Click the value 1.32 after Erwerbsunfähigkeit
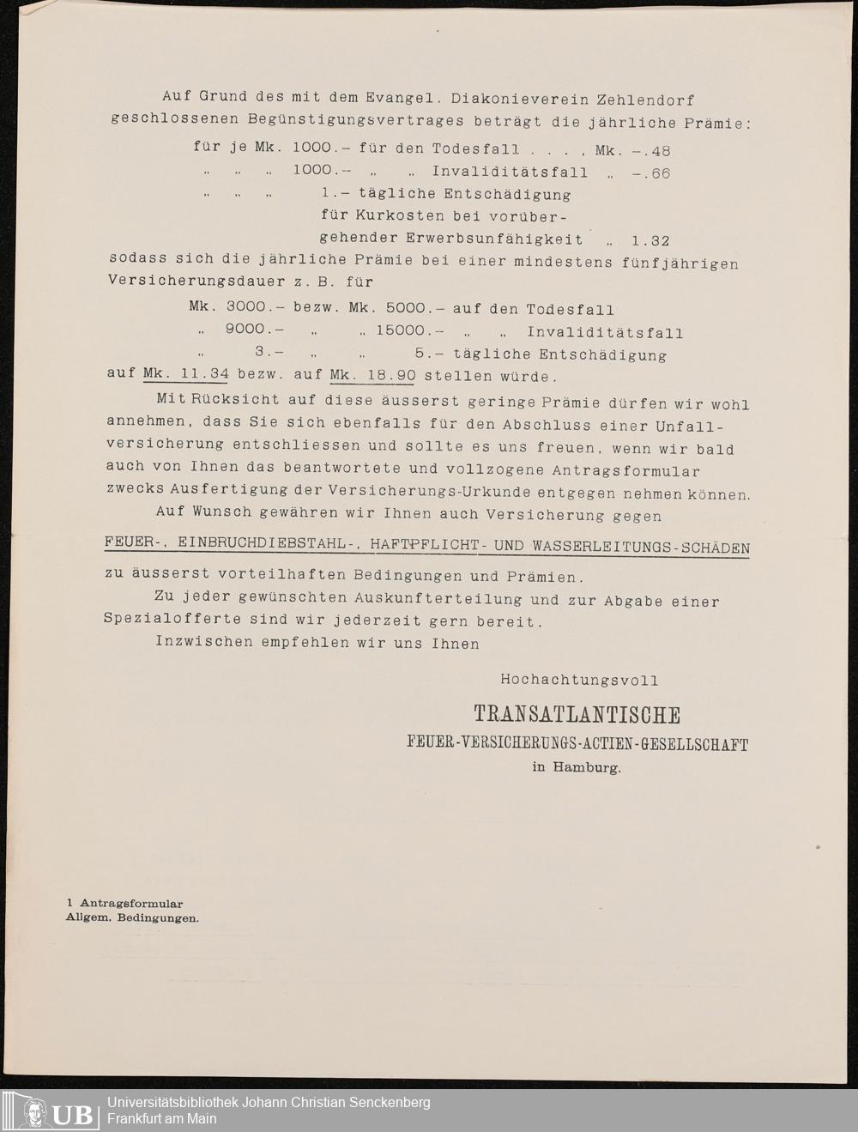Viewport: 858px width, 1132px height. click(649, 240)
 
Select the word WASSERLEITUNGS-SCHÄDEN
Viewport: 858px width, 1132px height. click(641, 548)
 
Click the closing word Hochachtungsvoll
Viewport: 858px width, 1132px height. click(579, 680)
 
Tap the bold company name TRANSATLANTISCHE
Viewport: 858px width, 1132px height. click(577, 716)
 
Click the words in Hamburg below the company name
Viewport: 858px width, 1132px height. click(577, 768)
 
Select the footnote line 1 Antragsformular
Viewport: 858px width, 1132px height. click(125, 903)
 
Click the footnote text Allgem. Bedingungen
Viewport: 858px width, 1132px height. click(133, 917)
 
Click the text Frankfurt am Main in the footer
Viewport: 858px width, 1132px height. click(162, 1119)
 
